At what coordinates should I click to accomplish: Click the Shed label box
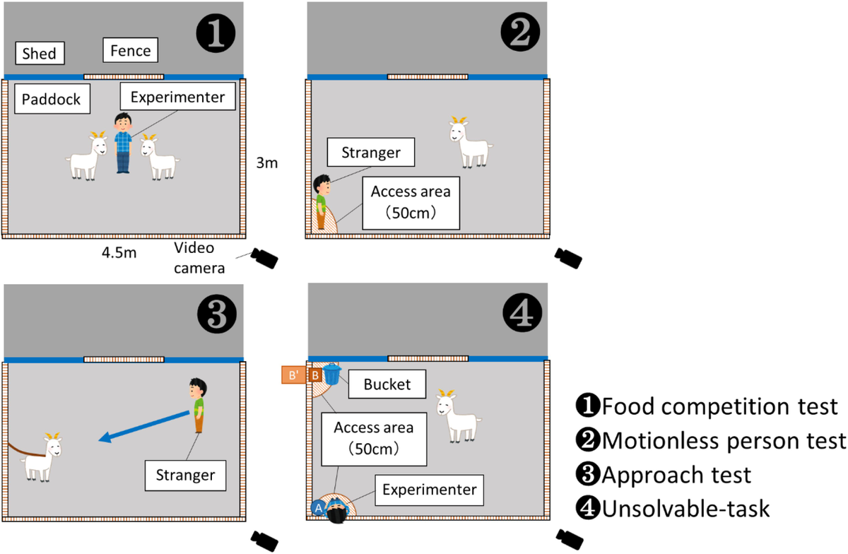(x=40, y=53)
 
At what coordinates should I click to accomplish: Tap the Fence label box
(x=130, y=50)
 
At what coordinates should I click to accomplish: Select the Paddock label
(x=52, y=99)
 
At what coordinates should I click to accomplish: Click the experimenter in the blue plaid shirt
(x=123, y=143)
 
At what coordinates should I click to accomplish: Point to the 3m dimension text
(x=267, y=163)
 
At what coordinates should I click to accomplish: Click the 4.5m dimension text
(x=119, y=252)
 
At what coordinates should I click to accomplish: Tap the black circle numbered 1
(x=216, y=33)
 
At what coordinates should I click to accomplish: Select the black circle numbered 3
(x=217, y=314)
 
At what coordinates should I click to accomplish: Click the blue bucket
(x=332, y=374)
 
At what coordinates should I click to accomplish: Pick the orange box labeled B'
(x=293, y=375)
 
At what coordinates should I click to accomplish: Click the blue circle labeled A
(x=318, y=508)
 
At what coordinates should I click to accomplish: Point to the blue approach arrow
(x=144, y=426)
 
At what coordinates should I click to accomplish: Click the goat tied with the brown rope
(x=41, y=457)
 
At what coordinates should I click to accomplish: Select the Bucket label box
(x=387, y=384)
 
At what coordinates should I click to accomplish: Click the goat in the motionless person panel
(x=471, y=142)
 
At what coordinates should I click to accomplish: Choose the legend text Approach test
(x=664, y=475)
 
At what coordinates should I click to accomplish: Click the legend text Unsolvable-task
(x=673, y=509)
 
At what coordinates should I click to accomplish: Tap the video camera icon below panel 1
(x=264, y=258)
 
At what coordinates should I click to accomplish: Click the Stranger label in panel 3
(x=185, y=476)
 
